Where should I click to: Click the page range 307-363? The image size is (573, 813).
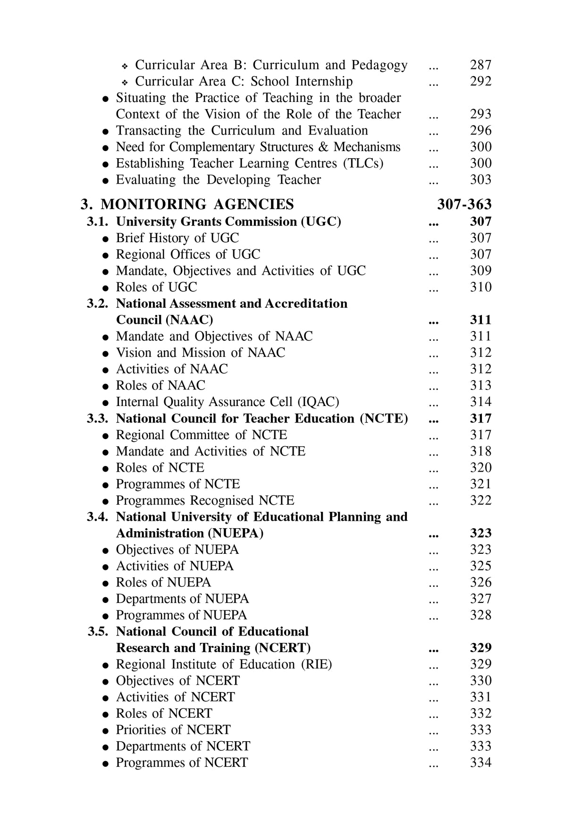pyautogui.click(x=464, y=204)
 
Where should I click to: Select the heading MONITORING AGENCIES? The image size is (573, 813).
pyautogui.click(x=197, y=204)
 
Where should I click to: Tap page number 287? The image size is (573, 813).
pyautogui.click(x=480, y=65)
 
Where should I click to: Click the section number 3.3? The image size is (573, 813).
pyautogui.click(x=98, y=419)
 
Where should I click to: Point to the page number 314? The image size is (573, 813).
pyautogui.click(x=480, y=402)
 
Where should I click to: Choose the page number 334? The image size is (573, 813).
pyautogui.click(x=480, y=763)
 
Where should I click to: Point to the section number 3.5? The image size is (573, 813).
pyautogui.click(x=98, y=632)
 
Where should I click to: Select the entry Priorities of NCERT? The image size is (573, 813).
pyautogui.click(x=173, y=730)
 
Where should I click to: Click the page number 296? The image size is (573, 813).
pyautogui.click(x=480, y=131)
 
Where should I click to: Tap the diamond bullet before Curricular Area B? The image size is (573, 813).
pyautogui.click(x=125, y=66)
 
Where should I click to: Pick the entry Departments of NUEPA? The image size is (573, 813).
pyautogui.click(x=182, y=599)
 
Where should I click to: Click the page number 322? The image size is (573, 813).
pyautogui.click(x=480, y=500)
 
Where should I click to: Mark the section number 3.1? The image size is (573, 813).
pyautogui.click(x=98, y=221)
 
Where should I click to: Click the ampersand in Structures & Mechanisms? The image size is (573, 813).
pyautogui.click(x=323, y=147)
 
